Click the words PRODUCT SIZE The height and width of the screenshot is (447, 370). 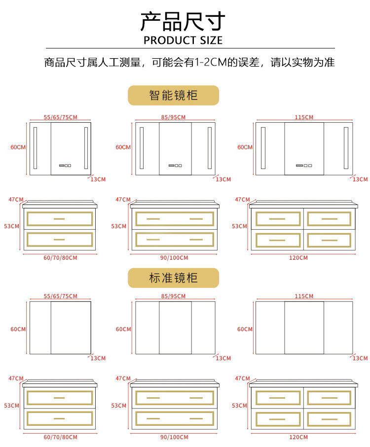[x=183, y=40]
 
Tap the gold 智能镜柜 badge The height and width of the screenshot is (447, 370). [x=173, y=95]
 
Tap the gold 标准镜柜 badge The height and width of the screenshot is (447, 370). [x=173, y=278]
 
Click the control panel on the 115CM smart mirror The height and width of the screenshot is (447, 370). [x=304, y=166]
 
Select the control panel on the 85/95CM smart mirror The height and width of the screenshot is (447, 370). [x=175, y=166]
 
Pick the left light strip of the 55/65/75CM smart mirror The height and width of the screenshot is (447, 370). [x=35, y=147]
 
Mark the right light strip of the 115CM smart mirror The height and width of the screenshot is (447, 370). [x=345, y=147]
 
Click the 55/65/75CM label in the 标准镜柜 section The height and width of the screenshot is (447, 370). [x=61, y=296]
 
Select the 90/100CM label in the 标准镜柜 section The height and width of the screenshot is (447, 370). [x=175, y=437]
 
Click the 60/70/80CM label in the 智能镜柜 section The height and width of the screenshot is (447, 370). [x=60, y=258]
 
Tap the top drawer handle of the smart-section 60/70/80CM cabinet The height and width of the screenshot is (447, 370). [x=59, y=218]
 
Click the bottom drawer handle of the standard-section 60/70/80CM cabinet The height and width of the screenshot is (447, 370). [x=59, y=418]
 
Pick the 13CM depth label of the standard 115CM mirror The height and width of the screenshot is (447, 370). [x=360, y=358]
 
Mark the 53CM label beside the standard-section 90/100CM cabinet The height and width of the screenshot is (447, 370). [x=118, y=406]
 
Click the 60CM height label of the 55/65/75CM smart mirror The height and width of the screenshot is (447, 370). [x=18, y=147]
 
